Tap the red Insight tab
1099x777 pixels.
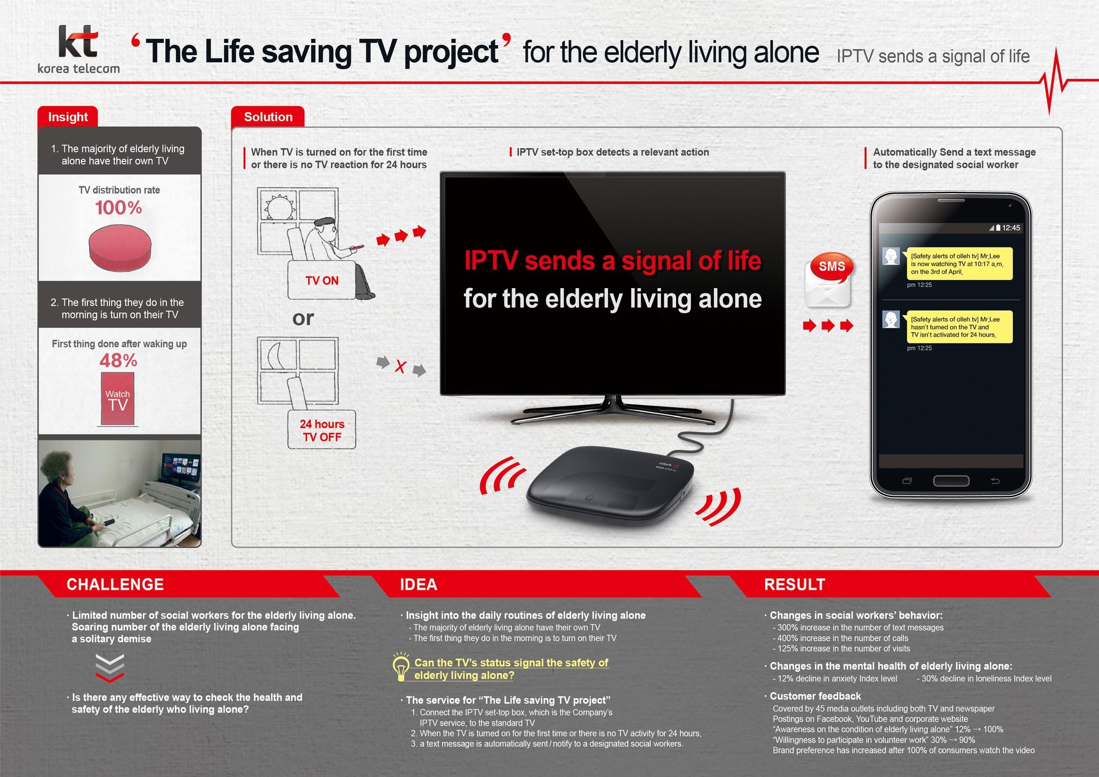68,117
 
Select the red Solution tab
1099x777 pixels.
268,117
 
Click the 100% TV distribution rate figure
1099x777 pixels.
119,208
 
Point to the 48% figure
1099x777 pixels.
119,361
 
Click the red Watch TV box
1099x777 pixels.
118,399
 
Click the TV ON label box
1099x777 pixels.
322,280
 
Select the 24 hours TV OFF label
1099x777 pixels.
322,430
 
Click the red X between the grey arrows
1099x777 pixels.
400,367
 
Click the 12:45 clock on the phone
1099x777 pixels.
1011,228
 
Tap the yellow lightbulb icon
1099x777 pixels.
401,667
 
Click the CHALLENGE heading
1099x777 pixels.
115,584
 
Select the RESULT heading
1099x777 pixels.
794,584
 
